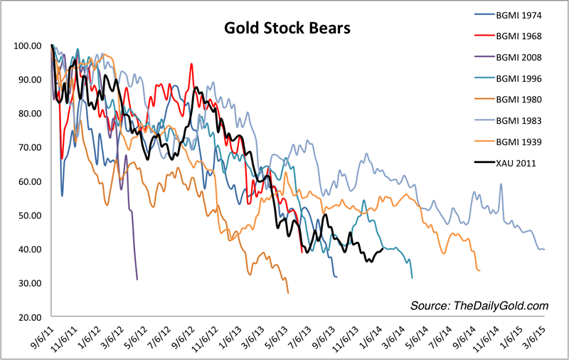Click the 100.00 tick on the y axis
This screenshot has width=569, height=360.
[28, 46]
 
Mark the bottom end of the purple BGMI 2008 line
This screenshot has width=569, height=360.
[137, 279]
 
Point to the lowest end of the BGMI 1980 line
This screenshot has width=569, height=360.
[288, 293]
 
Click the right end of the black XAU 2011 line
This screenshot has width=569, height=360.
[383, 248]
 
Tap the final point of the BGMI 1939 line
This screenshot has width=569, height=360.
[480, 270]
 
